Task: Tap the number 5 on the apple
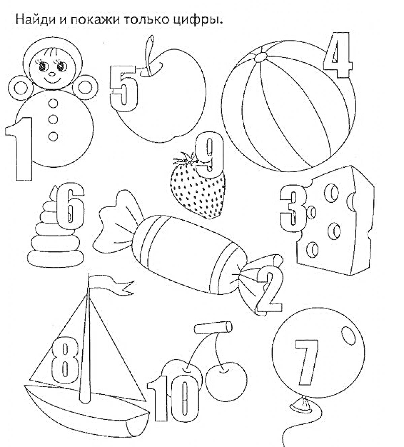[x=124, y=89]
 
